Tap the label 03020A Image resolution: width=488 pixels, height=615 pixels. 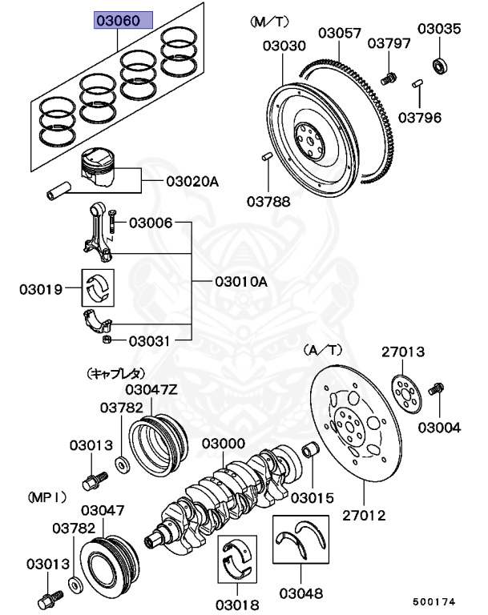(192, 182)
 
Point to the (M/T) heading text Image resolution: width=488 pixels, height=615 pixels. (267, 19)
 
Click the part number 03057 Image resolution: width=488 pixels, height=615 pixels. (340, 33)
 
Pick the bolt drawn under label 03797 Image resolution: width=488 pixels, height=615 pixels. (390, 78)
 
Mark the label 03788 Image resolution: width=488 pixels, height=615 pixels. (268, 201)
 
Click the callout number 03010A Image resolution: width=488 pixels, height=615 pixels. (240, 282)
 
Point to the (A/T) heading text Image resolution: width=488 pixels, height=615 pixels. (323, 351)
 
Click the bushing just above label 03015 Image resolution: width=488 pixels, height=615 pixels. (313, 450)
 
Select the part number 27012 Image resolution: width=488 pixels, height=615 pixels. (365, 515)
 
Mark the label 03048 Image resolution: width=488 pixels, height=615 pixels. (301, 593)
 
